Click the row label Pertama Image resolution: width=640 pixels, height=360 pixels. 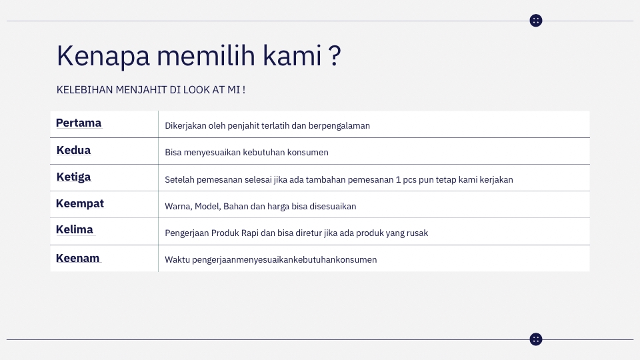(x=79, y=123)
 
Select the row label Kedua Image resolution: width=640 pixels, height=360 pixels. (x=73, y=150)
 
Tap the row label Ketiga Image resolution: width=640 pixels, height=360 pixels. (x=73, y=177)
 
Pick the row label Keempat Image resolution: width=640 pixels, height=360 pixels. (x=80, y=203)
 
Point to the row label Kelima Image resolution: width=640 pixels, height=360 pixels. (x=75, y=229)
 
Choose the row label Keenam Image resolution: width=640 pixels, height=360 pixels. (x=77, y=258)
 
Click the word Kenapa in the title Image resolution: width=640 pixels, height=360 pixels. (x=103, y=56)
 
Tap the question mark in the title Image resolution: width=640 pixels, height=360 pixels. (x=335, y=56)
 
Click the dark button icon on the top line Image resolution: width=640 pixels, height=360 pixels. (x=536, y=21)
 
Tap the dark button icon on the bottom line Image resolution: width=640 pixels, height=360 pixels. (x=536, y=339)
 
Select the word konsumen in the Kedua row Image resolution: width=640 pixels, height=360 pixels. (x=308, y=152)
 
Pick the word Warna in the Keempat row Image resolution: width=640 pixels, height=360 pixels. (x=178, y=206)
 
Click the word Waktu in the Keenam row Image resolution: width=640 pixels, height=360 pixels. (x=177, y=259)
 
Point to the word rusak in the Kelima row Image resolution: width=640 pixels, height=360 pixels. (x=416, y=233)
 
